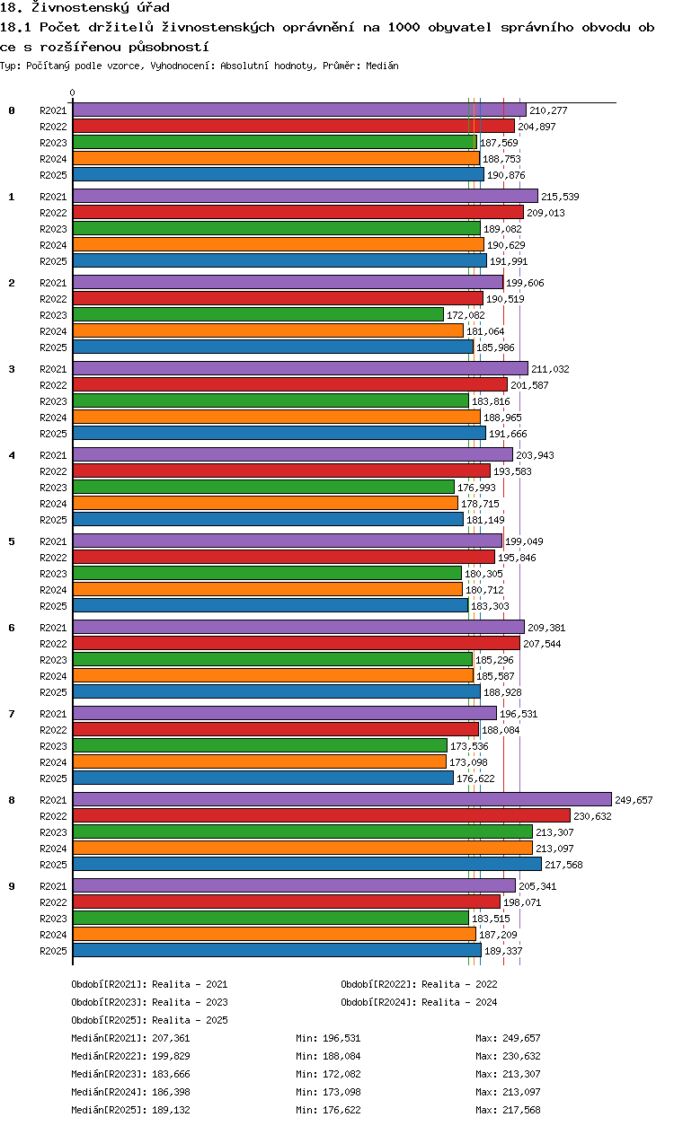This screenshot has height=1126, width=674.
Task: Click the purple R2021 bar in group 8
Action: click(x=342, y=799)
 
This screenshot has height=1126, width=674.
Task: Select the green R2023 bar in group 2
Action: click(x=258, y=314)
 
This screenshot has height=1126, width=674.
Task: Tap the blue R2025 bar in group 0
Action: click(x=279, y=174)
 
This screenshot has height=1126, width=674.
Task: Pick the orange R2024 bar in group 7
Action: click(x=260, y=761)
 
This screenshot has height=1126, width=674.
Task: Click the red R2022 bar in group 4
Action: click(x=281, y=471)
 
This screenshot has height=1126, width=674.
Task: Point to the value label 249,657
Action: click(x=634, y=800)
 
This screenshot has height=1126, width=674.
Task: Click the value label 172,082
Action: click(x=466, y=315)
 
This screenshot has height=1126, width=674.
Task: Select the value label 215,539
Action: click(x=560, y=197)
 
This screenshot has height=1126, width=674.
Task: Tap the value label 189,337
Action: click(x=503, y=951)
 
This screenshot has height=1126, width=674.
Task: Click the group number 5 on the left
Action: click(x=12, y=541)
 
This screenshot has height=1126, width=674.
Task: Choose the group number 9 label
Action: click(x=12, y=886)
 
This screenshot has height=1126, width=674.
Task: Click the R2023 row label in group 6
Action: click(x=53, y=660)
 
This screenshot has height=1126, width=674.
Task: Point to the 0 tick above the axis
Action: click(x=73, y=92)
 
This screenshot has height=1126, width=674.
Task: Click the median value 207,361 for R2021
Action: click(x=171, y=1038)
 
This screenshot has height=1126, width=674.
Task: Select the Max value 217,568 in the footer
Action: click(x=521, y=1110)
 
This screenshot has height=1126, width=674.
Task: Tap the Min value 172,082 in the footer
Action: click(x=341, y=1074)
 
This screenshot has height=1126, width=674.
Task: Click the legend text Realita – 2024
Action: click(x=459, y=1002)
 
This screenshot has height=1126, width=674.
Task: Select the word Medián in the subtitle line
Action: click(x=382, y=66)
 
